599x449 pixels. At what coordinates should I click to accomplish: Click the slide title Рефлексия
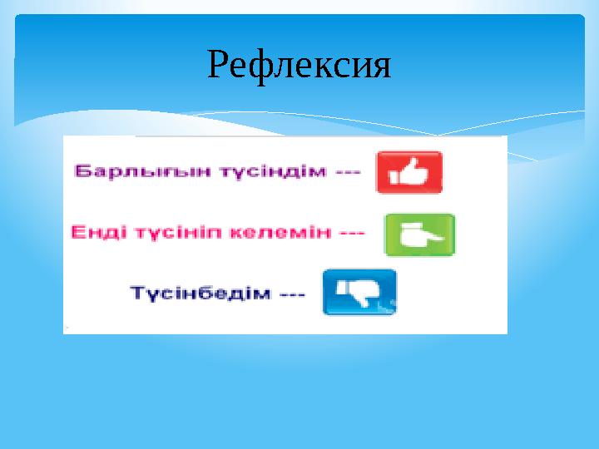pos(299,64)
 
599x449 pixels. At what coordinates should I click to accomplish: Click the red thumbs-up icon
pos(409,172)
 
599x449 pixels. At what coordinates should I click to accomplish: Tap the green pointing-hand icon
pos(419,234)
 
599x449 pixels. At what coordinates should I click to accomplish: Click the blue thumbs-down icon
pos(359,292)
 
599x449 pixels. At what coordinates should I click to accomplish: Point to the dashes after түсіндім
pos(346,173)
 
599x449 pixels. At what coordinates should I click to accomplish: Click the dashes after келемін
pos(352,234)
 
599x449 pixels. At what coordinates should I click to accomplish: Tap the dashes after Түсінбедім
pos(293,294)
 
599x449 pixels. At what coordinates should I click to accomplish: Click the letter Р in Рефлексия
pos(218,64)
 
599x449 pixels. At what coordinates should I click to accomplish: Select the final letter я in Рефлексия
pos(381,66)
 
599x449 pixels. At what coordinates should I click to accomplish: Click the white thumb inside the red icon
pos(409,172)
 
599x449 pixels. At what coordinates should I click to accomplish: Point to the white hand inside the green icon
pos(419,235)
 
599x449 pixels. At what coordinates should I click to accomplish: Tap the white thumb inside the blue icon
pos(359,291)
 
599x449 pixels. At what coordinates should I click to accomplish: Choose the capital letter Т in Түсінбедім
pos(136,294)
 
